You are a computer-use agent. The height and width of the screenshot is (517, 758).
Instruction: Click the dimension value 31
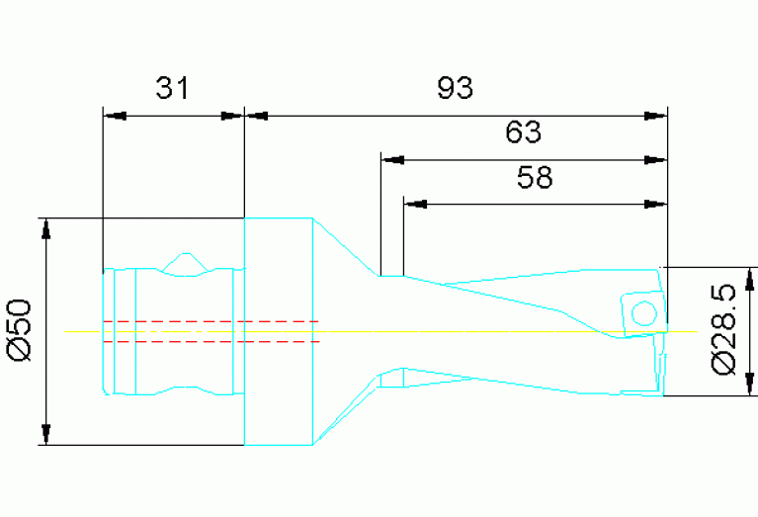pos(172,88)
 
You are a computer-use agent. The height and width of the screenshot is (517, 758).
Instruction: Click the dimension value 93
pos(455,88)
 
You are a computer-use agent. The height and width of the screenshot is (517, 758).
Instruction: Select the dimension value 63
pos(523,131)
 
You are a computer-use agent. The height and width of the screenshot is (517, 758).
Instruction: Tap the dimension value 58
pos(535,177)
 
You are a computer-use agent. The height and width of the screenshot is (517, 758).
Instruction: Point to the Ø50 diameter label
pos(20,330)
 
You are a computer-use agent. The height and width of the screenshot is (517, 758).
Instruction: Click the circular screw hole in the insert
pos(644,313)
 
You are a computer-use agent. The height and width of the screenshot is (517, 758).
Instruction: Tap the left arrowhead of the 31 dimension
pos(115,116)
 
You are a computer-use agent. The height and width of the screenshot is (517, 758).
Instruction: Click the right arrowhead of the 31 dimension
pos(231,116)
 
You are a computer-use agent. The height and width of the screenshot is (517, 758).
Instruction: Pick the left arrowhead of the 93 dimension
pos(257,116)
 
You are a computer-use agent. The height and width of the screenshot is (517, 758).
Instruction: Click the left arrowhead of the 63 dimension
pos(392,160)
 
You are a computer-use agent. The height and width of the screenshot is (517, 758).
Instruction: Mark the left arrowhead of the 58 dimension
pos(416,205)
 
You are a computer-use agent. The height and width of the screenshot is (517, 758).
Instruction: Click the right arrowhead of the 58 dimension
pos(655,205)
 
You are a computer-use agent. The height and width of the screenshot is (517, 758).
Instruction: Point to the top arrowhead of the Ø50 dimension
pos(45,229)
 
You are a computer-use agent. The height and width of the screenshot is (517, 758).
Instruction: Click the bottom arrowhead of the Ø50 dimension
pos(45,434)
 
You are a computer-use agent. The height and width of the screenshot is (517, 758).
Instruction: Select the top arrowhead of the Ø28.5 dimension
pos(750,279)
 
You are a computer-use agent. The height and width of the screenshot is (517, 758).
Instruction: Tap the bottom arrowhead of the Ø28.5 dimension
pos(750,384)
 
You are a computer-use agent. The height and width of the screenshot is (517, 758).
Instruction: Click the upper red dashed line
pos(211,321)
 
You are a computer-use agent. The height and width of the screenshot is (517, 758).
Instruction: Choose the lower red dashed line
pos(211,342)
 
